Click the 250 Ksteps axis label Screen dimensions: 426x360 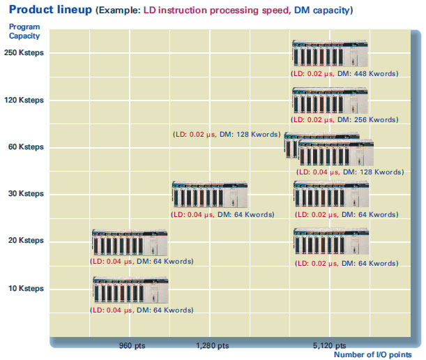pos(24,52)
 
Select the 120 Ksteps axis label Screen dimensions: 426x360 pos(24,100)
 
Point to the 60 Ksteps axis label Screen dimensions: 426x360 pos(26,147)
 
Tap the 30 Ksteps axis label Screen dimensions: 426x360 pos(26,193)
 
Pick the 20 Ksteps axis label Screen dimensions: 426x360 pos(26,241)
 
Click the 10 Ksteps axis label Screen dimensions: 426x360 pos(26,288)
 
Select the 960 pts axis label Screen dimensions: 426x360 pos(132,345)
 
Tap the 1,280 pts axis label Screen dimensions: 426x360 pos(213,345)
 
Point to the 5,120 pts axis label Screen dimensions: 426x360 pos(329,345)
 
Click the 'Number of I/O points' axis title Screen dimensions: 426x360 pos(373,354)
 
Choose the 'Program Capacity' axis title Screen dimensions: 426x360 pos(24,31)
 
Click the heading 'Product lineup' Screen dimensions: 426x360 pos(50,10)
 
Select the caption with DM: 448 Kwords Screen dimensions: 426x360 pos(344,74)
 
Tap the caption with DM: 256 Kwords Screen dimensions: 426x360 pos(344,119)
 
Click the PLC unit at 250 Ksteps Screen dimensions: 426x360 pos(330,53)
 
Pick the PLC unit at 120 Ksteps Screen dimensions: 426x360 pos(330,100)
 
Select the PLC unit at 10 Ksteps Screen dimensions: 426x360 pos(130,290)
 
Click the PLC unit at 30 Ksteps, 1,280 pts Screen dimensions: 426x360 pos(210,194)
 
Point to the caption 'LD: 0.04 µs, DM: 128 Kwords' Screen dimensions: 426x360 pos(350,172)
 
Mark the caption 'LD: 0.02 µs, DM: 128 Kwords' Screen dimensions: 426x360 pos(227,135)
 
